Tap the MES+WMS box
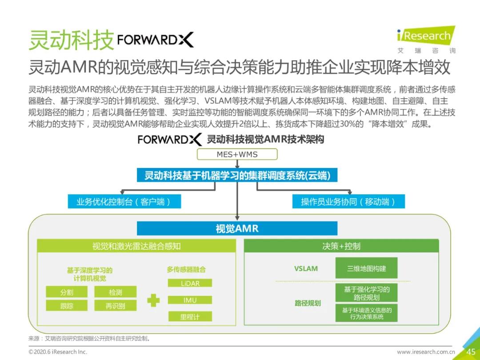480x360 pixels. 237,154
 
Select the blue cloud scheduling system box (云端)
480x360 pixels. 237,175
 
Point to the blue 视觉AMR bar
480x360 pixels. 237,228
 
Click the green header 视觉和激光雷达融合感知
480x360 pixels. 136,246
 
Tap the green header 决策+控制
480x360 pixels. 341,246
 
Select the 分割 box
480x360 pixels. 67,292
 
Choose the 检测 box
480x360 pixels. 115,292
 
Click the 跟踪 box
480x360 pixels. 67,305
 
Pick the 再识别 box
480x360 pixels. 115,305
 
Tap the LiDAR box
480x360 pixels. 190,283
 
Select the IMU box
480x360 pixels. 190,300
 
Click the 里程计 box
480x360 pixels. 190,316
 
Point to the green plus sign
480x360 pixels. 153,300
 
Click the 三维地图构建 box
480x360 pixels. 366,268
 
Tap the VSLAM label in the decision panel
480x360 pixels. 306,268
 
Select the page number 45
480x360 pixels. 471,352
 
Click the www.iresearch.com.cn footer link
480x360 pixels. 425,352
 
